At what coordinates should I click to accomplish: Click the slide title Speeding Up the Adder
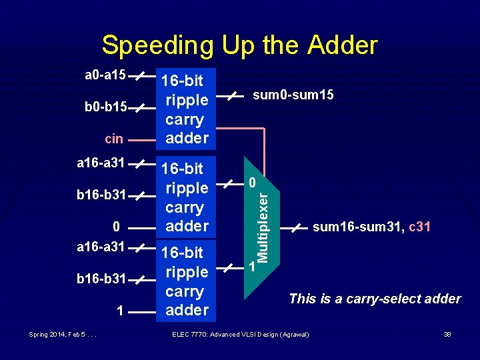239,45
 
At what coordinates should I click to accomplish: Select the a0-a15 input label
105,75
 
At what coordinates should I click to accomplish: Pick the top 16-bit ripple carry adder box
187,109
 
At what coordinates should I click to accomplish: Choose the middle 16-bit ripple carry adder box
187,197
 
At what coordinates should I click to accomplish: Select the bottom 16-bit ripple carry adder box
187,281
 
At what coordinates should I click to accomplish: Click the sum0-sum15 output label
293,96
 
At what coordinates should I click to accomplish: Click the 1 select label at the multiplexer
251,267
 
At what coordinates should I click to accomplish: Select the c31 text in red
419,227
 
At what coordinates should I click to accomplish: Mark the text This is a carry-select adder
375,299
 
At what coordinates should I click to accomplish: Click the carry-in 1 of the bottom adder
118,311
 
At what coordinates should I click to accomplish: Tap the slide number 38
447,333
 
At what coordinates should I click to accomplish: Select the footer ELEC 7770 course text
241,333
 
